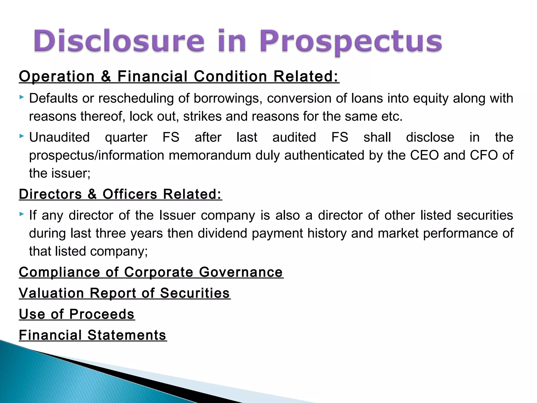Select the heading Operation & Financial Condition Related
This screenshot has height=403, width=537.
click(179, 76)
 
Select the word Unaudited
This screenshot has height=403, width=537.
click(59, 137)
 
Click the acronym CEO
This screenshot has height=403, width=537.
click(424, 155)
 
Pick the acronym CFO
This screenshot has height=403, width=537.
click(484, 155)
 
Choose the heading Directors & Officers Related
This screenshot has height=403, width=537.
click(120, 194)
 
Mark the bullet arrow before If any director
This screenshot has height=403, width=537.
click(22, 214)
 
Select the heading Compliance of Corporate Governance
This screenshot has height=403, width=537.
click(151, 272)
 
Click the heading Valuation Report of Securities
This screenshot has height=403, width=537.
click(125, 293)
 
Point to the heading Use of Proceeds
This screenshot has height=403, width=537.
click(77, 314)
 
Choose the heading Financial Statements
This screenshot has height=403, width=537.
click(93, 335)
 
